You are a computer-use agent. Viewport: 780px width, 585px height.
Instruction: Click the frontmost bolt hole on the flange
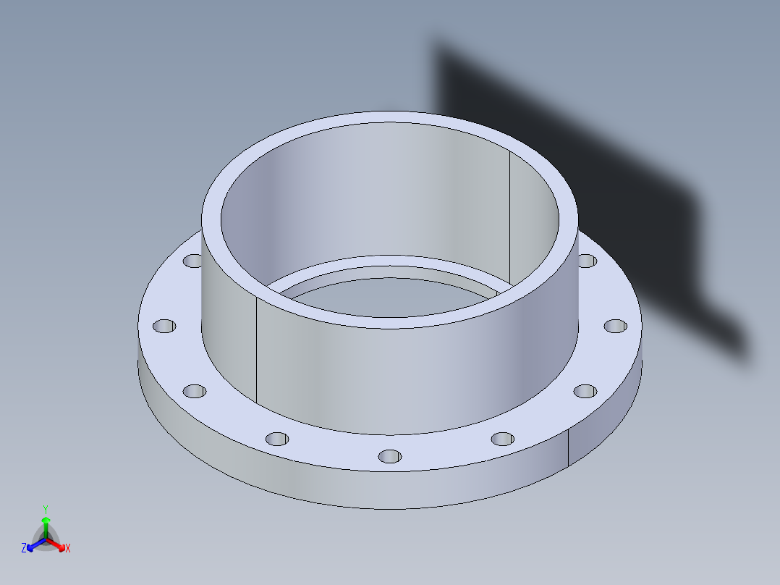pyautogui.click(x=390, y=456)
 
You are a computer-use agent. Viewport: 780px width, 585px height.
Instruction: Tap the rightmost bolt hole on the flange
pyautogui.click(x=615, y=326)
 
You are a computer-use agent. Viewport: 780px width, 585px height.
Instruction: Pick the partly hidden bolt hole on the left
pyautogui.click(x=193, y=260)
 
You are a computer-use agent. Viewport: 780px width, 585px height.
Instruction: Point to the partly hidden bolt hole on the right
pyautogui.click(x=586, y=260)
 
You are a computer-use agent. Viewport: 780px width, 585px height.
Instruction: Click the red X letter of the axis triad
pyautogui.click(x=68, y=549)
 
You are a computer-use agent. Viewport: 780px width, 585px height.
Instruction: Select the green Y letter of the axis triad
pyautogui.click(x=45, y=509)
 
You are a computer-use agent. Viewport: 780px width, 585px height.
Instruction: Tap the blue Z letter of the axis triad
pyautogui.click(x=24, y=548)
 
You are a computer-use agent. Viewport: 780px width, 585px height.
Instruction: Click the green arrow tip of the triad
pyautogui.click(x=45, y=521)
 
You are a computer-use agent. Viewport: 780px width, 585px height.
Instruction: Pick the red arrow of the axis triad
pyautogui.click(x=58, y=545)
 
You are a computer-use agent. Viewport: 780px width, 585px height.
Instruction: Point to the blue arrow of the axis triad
pyautogui.click(x=33, y=545)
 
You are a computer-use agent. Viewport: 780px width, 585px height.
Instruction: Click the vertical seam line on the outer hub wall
pyautogui.click(x=258, y=348)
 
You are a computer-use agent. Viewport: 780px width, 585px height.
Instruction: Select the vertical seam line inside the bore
pyautogui.click(x=509, y=217)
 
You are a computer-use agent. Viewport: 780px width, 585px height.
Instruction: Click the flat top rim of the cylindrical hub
pyautogui.click(x=391, y=119)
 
